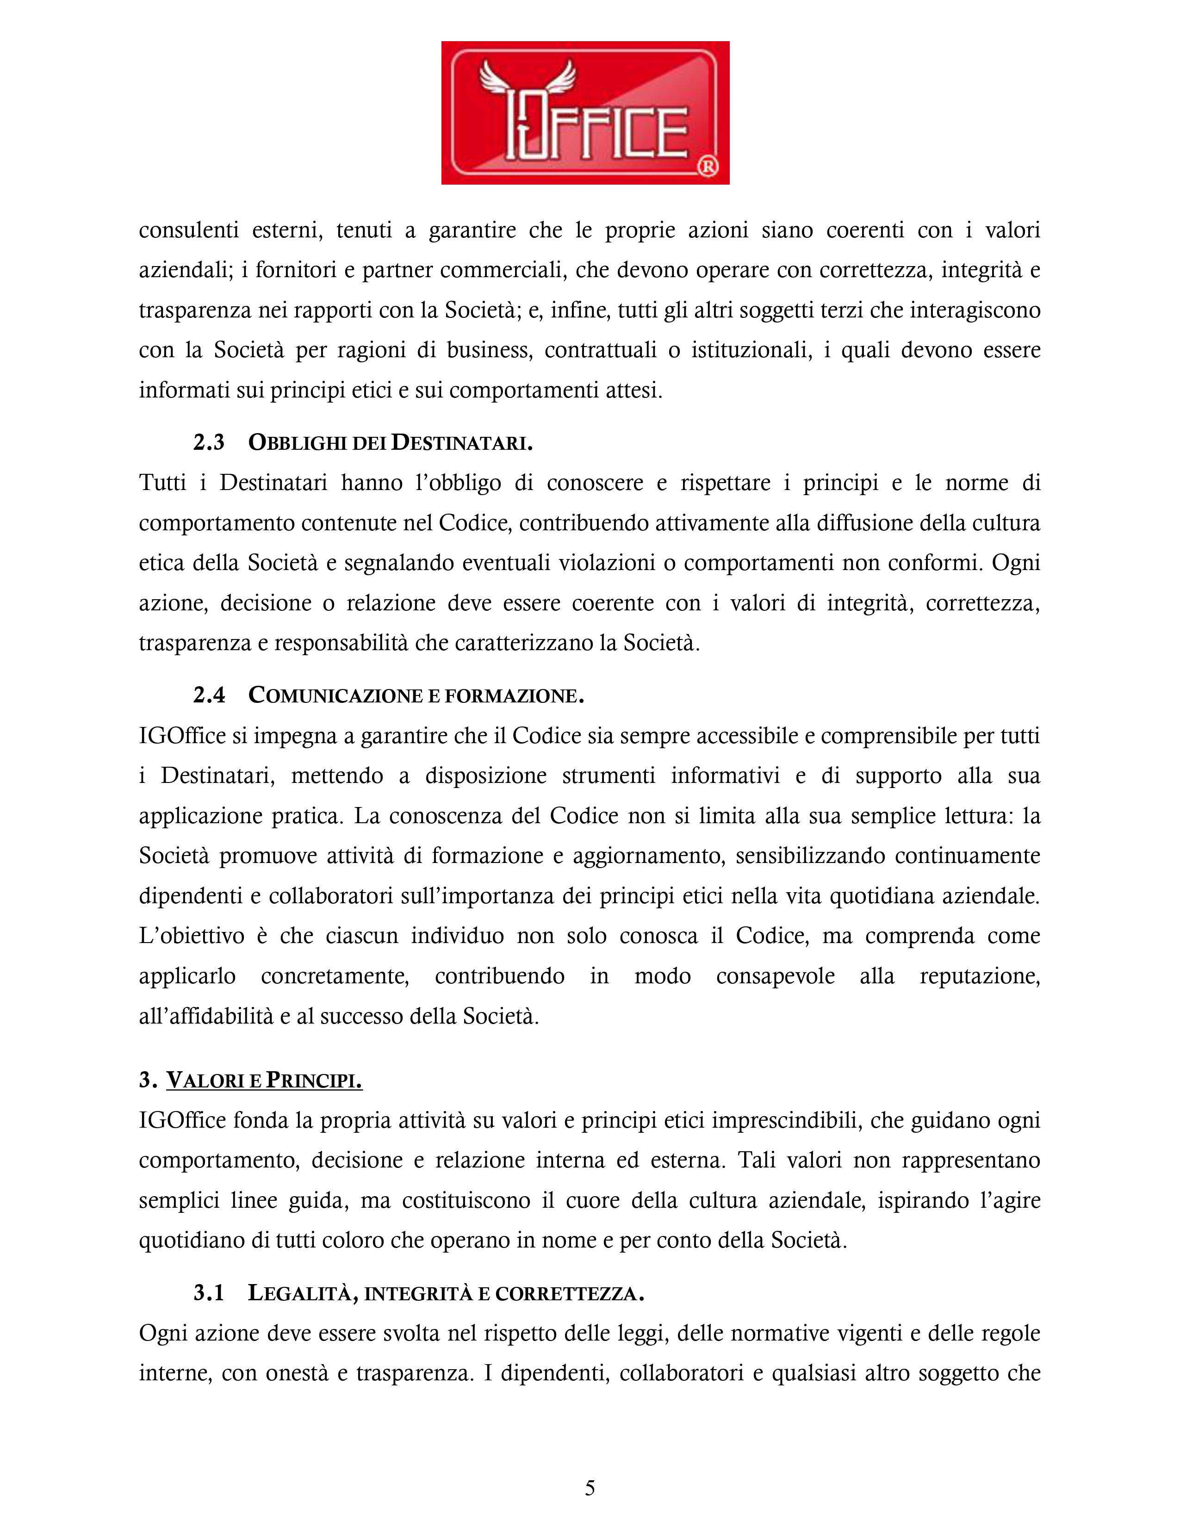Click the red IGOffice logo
coord(585,112)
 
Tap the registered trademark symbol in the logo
coord(708,167)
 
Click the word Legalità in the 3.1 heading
coord(299,1293)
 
